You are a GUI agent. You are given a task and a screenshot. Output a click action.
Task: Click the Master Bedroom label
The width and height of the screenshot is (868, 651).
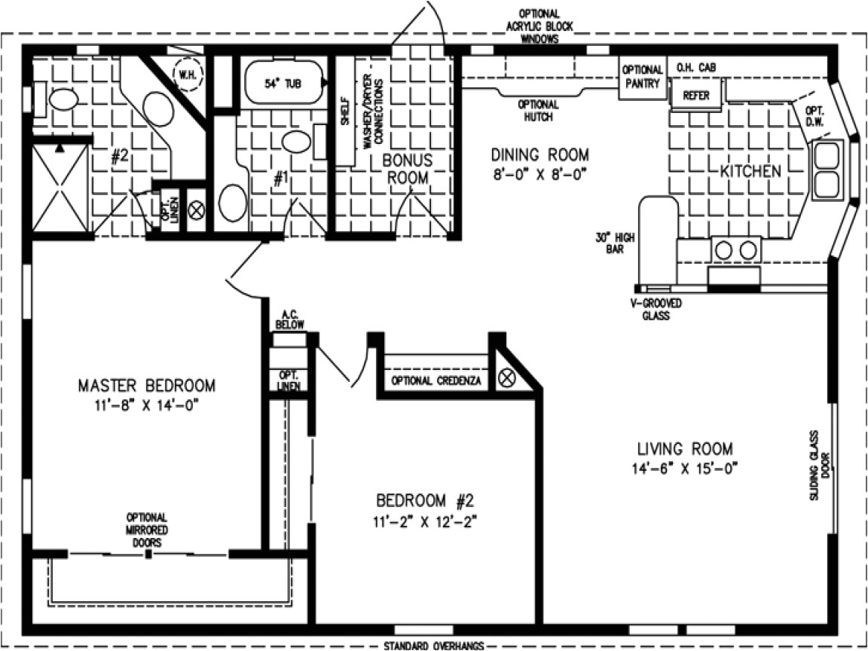pyautogui.click(x=146, y=386)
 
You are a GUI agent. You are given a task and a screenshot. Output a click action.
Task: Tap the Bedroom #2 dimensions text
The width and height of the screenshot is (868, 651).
pyautogui.click(x=427, y=520)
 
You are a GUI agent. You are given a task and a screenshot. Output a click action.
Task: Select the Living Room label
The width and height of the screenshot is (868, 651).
pyautogui.click(x=683, y=449)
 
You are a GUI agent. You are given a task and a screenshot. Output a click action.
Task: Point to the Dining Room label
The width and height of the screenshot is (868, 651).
pyautogui.click(x=539, y=155)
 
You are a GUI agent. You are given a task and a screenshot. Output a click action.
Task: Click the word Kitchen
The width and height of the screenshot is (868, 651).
pyautogui.click(x=750, y=171)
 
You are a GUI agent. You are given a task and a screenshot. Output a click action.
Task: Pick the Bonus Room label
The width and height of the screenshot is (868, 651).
pyautogui.click(x=407, y=170)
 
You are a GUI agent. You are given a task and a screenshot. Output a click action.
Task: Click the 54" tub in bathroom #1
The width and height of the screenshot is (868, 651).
pyautogui.click(x=283, y=84)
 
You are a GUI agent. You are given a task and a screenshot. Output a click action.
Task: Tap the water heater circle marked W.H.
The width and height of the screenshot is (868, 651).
pyautogui.click(x=185, y=74)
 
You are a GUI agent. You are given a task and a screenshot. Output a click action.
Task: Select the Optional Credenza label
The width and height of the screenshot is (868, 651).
pyautogui.click(x=436, y=381)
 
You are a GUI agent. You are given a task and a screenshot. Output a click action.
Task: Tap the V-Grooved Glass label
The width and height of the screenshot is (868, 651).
pyautogui.click(x=656, y=310)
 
